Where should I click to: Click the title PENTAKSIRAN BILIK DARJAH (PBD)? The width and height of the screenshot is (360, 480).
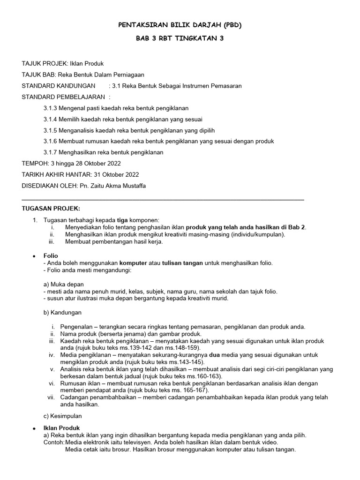coord(180,24)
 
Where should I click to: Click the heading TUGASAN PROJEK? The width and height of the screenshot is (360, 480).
coord(52,208)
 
